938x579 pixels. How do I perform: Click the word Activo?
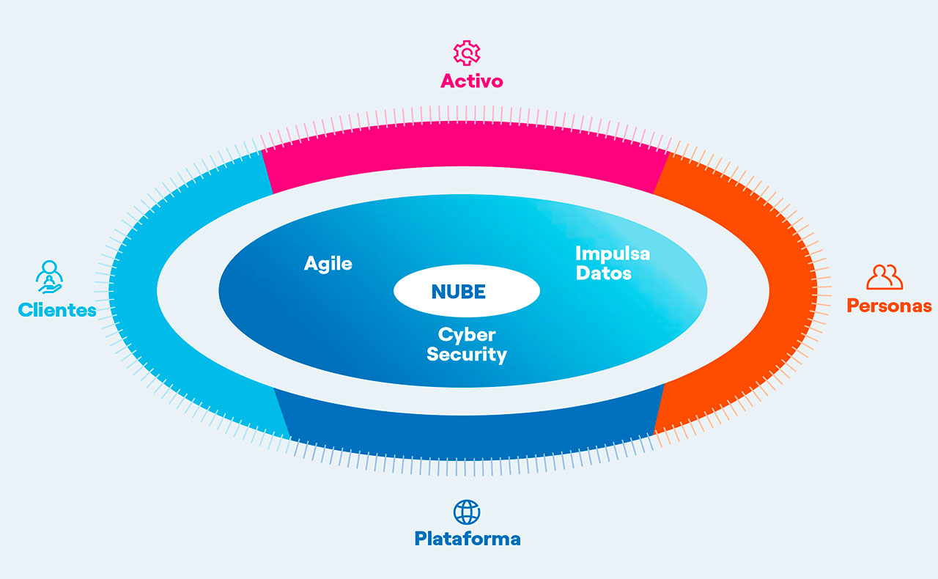471,81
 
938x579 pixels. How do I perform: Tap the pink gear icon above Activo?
466,54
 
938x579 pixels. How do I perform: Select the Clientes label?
57,310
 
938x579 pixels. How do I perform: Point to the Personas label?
889,306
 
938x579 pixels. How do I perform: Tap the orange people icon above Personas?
884,277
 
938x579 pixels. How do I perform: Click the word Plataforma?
468,539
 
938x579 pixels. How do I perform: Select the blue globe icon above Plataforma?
467,512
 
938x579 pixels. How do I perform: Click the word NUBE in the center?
459,292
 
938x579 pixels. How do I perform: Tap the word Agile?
328,264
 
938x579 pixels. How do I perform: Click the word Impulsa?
612,254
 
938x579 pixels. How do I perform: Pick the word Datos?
604,273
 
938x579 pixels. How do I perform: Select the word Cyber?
467,335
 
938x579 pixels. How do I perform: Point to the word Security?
467,355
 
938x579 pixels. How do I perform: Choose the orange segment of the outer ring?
777,293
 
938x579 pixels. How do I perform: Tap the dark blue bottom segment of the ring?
469,432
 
